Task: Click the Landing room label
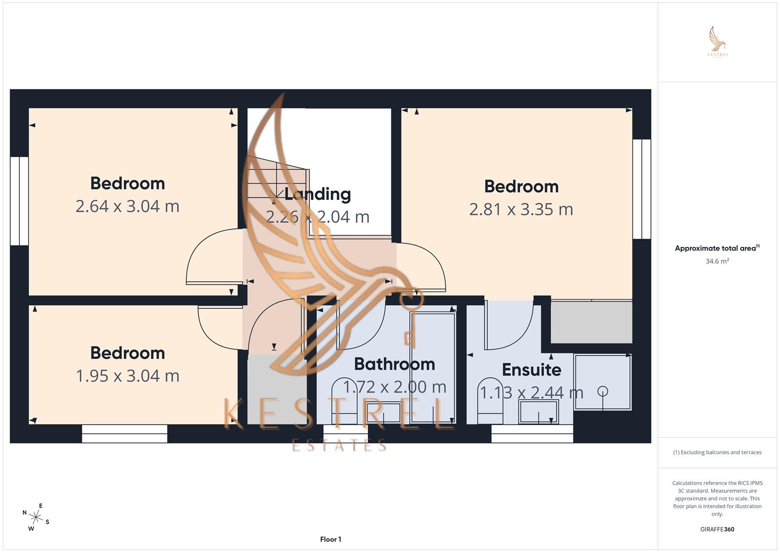pos(317,194)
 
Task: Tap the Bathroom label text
pos(394,364)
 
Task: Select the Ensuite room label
pos(531,370)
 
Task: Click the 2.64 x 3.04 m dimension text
pos(127,206)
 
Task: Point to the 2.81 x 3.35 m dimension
pos(521,210)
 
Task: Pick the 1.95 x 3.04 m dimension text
pos(127,376)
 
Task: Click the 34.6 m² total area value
pos(717,261)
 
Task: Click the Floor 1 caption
pos(330,539)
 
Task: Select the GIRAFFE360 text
pos(717,530)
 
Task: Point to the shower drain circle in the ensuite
pos(603,392)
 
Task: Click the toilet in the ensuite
pos(490,401)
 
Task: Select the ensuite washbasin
pos(538,412)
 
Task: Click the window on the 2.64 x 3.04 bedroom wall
pos(19,201)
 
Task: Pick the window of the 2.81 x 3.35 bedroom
pos(642,189)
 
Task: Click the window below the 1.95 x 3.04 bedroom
pos(125,434)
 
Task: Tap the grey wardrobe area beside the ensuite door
pos(591,322)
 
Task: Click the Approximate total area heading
pos(717,248)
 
